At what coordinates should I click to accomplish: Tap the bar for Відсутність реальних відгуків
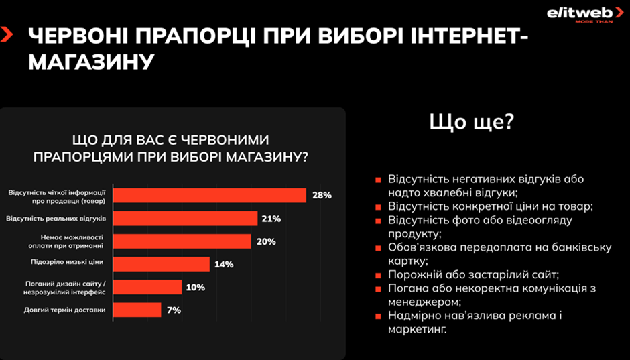[185, 219]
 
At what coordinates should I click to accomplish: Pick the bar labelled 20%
[182, 241]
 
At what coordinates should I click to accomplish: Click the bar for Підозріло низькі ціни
[161, 264]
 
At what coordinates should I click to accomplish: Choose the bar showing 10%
[147, 287]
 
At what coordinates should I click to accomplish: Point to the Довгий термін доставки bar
[137, 310]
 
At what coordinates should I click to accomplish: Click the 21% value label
[271, 219]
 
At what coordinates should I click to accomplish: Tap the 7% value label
[174, 310]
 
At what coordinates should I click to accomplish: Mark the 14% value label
[223, 264]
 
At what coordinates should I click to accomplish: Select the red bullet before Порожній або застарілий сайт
[378, 276]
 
